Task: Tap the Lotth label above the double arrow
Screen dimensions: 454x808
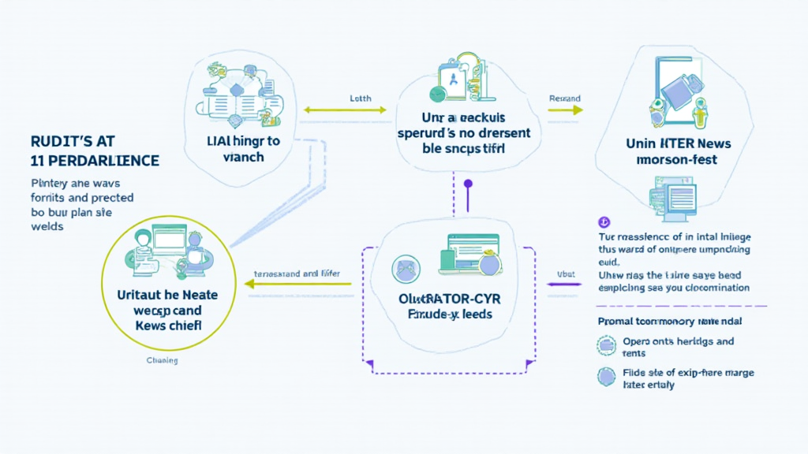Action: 360,99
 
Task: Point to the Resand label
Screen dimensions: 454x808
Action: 564,99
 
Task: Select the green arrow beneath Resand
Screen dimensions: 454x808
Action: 565,111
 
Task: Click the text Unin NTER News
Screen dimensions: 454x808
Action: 678,143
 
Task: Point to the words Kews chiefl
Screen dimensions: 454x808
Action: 167,325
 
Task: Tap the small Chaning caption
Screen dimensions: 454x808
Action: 162,361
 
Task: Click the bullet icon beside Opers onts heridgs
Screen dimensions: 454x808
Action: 606,344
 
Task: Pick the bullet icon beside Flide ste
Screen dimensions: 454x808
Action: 606,377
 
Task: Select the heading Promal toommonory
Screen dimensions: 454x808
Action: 668,322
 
